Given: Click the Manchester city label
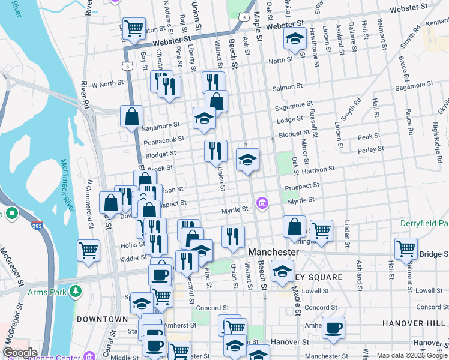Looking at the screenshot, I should coord(273,252).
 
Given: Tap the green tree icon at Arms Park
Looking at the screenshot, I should coord(76,292).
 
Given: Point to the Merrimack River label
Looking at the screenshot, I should coord(68,185).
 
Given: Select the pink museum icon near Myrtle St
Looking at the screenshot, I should coord(262,204).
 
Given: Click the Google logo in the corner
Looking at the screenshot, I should coord(20,352).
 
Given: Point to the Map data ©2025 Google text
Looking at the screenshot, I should coord(412,355).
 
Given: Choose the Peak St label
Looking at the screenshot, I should coord(369,137).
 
